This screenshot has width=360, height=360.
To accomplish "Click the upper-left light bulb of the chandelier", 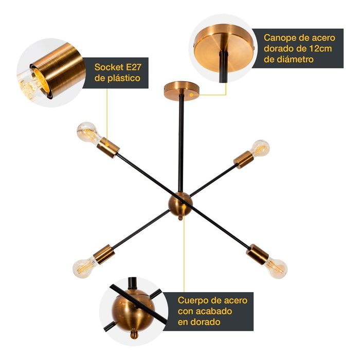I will [87, 132].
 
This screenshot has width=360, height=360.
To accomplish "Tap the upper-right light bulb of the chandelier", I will [260, 148].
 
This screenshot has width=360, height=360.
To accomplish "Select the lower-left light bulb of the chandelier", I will [85, 266].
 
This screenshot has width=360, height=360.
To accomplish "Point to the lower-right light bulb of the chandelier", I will [277, 267].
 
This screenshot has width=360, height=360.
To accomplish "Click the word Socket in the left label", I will [108, 67].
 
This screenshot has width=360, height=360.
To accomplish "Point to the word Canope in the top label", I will [281, 38].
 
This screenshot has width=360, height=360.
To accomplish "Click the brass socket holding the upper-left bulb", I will [109, 148].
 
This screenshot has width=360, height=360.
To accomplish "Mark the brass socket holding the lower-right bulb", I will [257, 254].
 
